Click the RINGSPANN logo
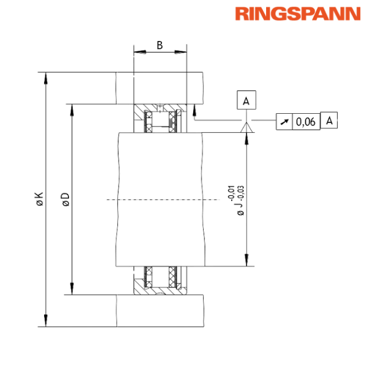[x=297, y=14]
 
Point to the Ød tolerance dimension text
[x=240, y=199]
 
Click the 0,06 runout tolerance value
[x=305, y=121]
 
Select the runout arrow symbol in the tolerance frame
[x=284, y=121]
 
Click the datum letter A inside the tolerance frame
[x=329, y=121]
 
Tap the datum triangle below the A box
[x=246, y=127]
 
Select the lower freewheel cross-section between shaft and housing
[x=160, y=280]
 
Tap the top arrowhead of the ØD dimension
[x=72, y=110]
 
